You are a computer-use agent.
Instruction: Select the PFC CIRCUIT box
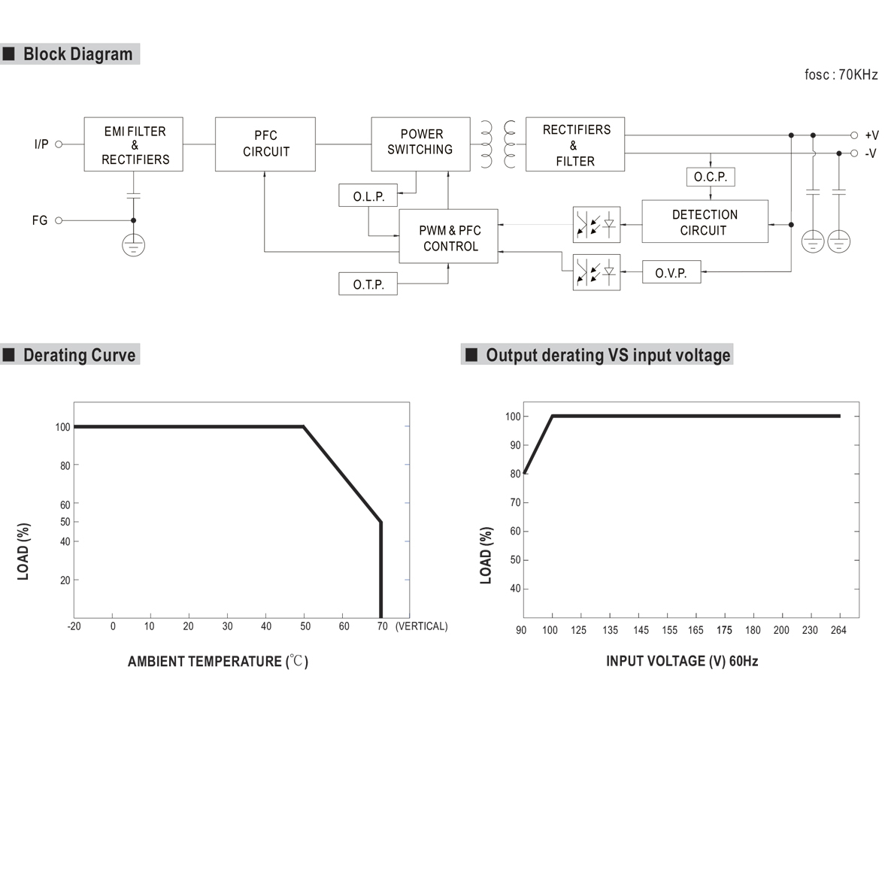[265, 144]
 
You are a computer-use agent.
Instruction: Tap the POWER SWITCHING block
[420, 143]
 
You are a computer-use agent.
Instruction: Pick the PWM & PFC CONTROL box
[449, 238]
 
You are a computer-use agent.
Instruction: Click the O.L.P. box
[368, 197]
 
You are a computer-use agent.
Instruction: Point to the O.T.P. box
[368, 285]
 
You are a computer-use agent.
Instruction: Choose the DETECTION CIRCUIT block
[705, 222]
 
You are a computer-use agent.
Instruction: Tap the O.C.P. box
[710, 177]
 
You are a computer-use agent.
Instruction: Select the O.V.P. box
[671, 273]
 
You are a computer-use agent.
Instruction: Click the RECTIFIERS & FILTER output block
[575, 145]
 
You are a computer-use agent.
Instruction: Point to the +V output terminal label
[871, 135]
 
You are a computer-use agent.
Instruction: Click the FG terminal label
[40, 220]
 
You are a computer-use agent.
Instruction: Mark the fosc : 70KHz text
[841, 74]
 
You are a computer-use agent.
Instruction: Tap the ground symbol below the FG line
[134, 244]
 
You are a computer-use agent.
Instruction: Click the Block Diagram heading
[77, 54]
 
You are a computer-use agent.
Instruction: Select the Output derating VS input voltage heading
[608, 355]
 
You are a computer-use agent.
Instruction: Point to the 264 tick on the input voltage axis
[838, 630]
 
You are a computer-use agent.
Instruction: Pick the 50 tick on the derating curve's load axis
[65, 522]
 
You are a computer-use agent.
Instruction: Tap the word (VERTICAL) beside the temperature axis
[421, 626]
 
